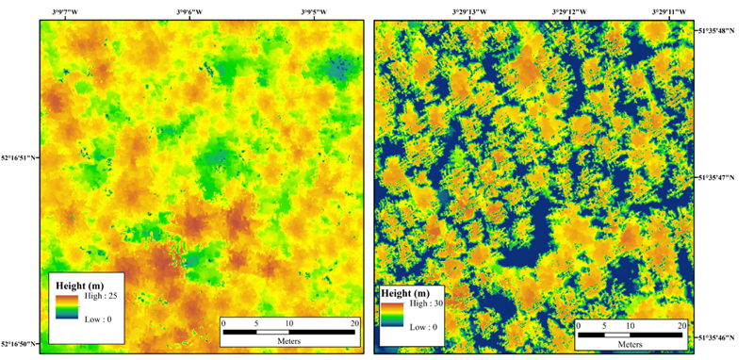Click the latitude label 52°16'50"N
click(18, 344)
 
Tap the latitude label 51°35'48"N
click(723, 29)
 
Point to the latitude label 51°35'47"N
click(723, 176)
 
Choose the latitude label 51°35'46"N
click(723, 335)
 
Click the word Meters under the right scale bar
click(630, 342)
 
